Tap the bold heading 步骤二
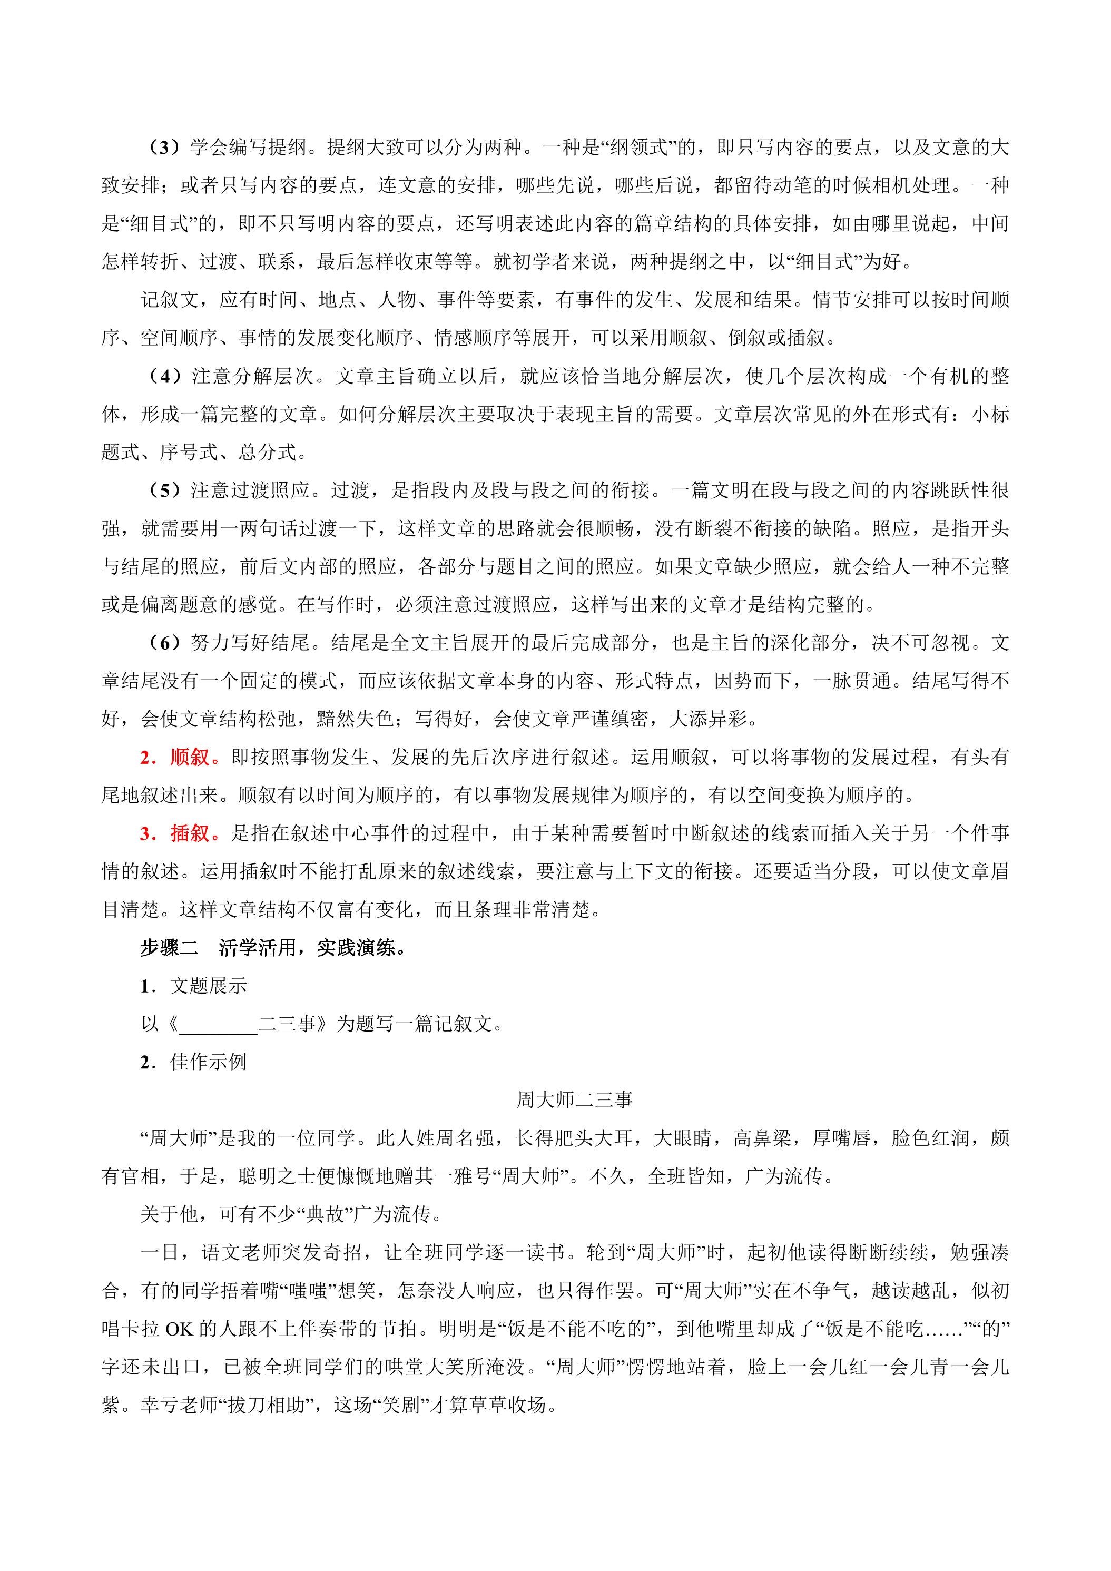169,948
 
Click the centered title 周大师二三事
574,1100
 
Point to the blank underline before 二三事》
218,1024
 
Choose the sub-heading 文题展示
209,986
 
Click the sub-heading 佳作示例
209,1062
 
